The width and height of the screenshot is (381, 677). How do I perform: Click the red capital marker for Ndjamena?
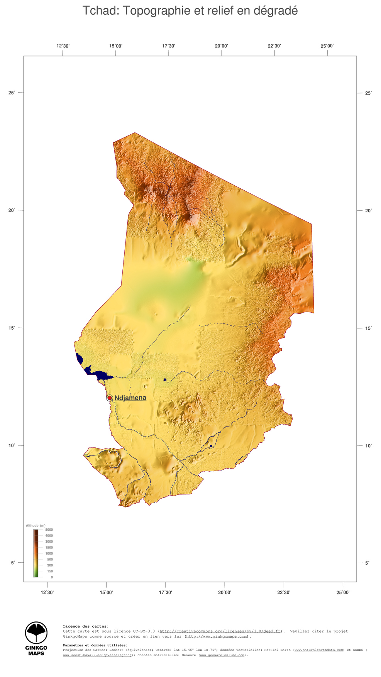point(110,398)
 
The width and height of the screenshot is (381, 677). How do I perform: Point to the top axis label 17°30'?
point(169,46)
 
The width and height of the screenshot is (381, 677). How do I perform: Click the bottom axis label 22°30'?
point(284,592)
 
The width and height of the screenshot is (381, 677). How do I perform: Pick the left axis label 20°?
point(12,210)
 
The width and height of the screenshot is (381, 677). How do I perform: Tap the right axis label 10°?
point(369,446)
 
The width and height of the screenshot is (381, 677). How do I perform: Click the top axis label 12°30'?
point(63,46)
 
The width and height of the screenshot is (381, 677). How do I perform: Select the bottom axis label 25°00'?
point(343,592)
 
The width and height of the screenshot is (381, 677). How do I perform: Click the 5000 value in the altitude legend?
point(49,530)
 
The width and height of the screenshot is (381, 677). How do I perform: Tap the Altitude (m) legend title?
point(36,526)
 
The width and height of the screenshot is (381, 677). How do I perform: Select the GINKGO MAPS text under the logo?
point(36,651)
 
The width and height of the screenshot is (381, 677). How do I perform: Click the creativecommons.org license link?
point(220,631)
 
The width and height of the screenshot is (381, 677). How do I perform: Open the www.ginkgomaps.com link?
point(217,636)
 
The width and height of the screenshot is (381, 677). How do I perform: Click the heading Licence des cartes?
point(86,626)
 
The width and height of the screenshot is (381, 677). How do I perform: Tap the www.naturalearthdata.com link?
point(319,650)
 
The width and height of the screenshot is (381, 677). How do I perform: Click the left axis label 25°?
point(12,93)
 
